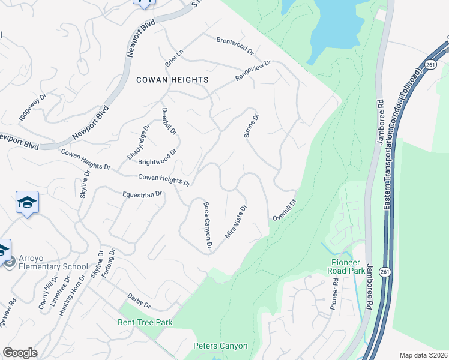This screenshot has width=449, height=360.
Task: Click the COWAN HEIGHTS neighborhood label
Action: pyautogui.click(x=172, y=80)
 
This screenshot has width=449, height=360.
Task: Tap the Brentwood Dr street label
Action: pyautogui.click(x=235, y=45)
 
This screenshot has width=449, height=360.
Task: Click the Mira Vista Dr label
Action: pyautogui.click(x=236, y=223)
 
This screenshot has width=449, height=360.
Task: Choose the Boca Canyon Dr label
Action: pyautogui.click(x=208, y=225)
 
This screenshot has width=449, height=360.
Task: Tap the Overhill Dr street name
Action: pyautogui.click(x=285, y=209)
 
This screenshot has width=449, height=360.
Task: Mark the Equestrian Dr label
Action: pyautogui.click(x=143, y=194)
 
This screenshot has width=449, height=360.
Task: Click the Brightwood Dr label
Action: pyautogui.click(x=157, y=158)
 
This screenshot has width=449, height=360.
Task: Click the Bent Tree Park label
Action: pyautogui.click(x=145, y=323)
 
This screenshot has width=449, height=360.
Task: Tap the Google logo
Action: pyautogui.click(x=20, y=353)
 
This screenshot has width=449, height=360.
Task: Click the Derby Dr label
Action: pyautogui.click(x=139, y=301)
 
